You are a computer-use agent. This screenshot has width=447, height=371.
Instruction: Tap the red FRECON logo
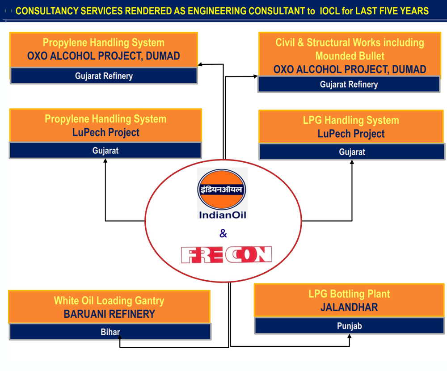[226, 255]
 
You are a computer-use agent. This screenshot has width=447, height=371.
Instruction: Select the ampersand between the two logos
[223, 234]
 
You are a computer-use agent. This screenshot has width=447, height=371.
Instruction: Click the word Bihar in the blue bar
[110, 332]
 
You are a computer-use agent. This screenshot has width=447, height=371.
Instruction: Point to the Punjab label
[349, 326]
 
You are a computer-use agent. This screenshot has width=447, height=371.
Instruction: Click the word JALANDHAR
[349, 308]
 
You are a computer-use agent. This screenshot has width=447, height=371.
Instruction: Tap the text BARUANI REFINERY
[109, 314]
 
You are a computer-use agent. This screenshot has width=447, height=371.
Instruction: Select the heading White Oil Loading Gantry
[109, 300]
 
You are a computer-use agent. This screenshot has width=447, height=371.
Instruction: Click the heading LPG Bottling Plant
[349, 294]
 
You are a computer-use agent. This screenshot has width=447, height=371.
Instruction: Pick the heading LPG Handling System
[351, 120]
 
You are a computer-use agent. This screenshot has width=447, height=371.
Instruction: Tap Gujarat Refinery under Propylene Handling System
[104, 76]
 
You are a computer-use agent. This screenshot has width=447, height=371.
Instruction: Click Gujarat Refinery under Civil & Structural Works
[349, 84]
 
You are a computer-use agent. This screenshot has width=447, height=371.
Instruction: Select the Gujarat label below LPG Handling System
[352, 152]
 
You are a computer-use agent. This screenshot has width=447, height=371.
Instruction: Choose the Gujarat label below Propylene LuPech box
[105, 151]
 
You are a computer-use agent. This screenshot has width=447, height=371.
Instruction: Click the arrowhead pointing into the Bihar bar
[120, 338]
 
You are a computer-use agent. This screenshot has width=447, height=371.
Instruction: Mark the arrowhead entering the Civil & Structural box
[255, 76]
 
